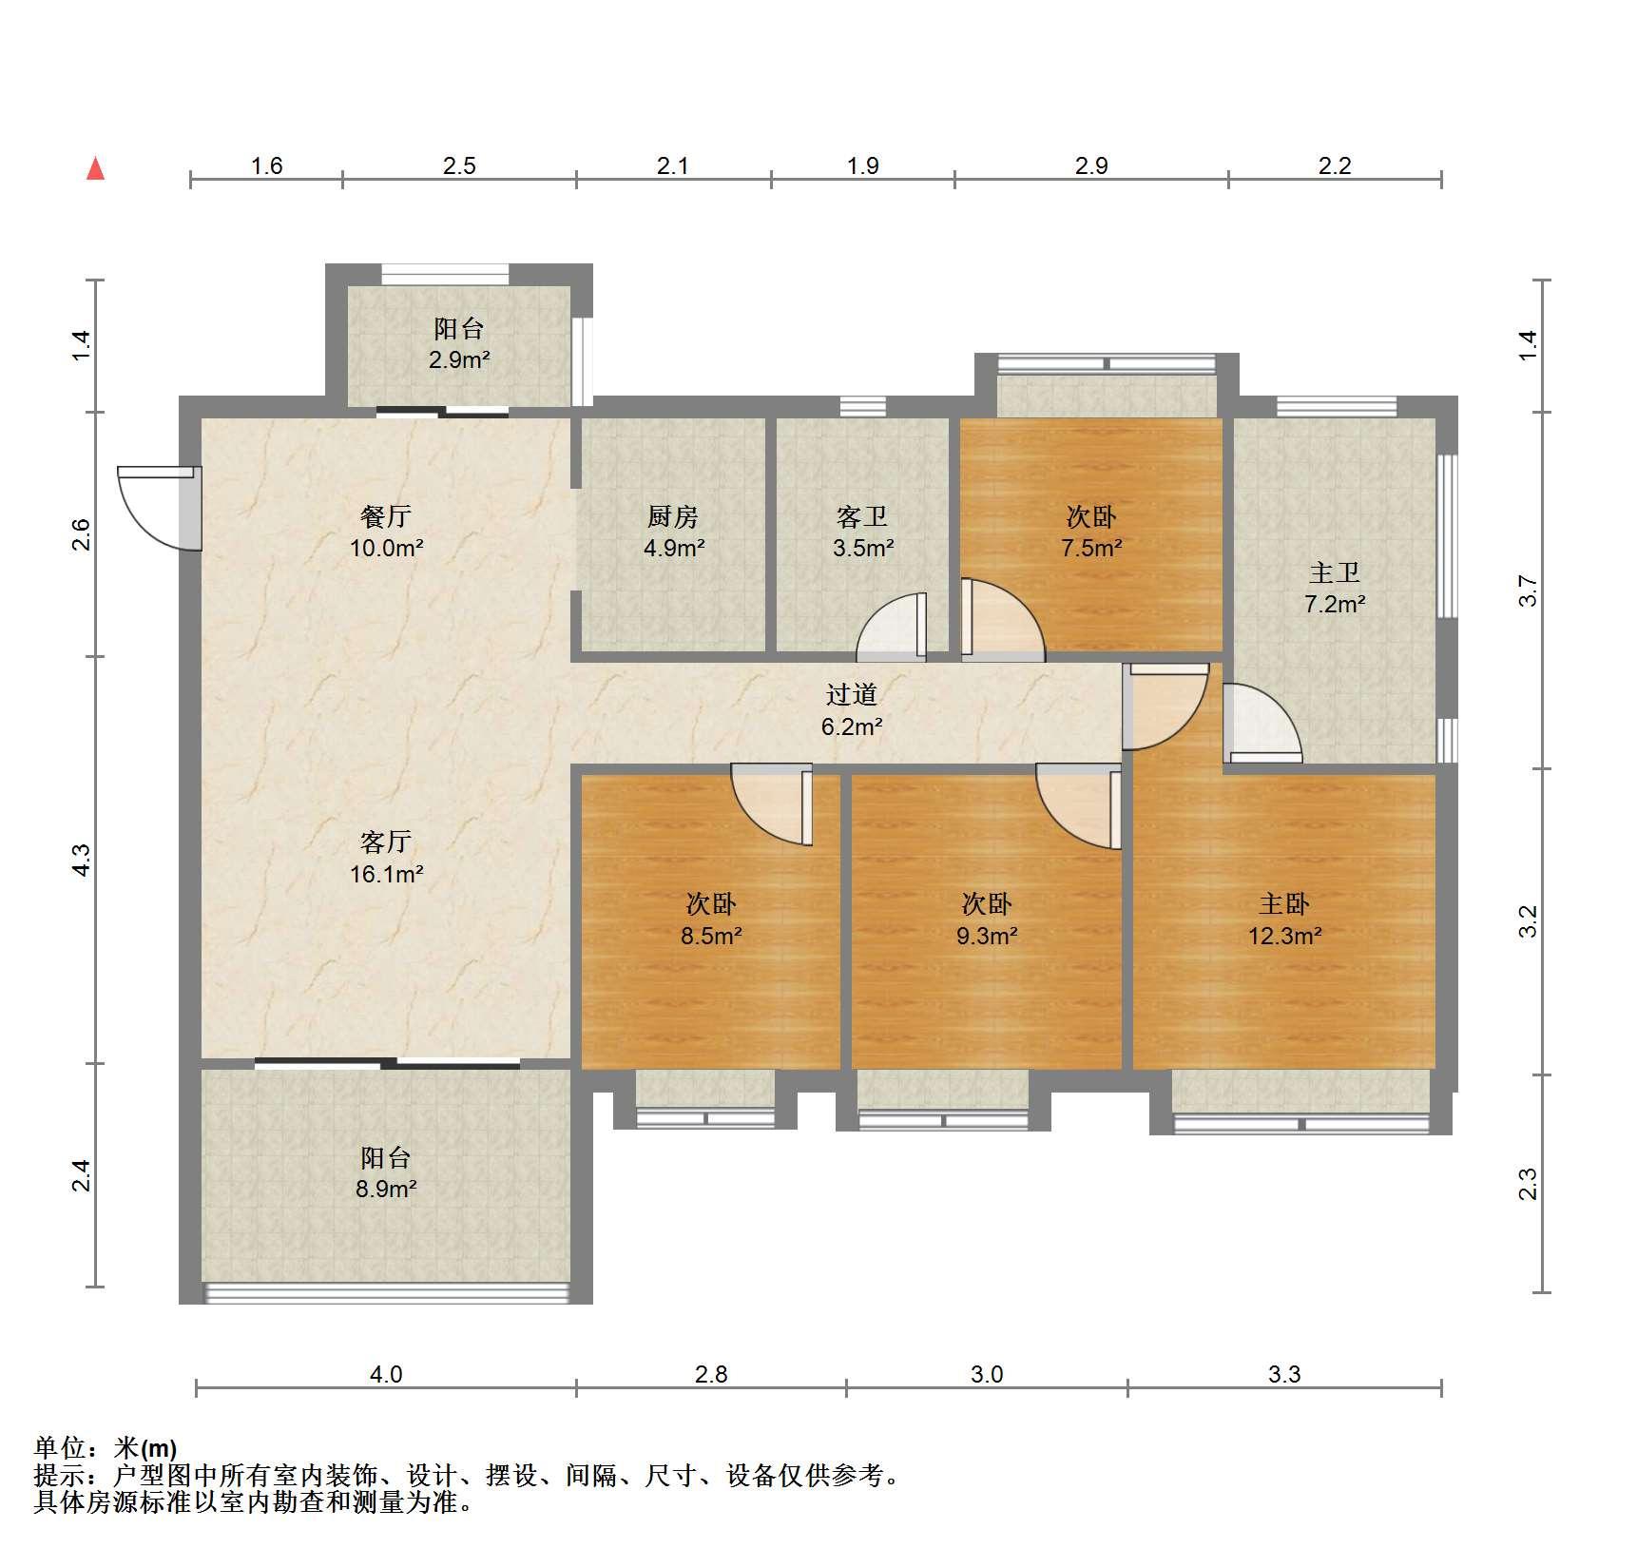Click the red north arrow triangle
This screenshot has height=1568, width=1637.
click(95, 169)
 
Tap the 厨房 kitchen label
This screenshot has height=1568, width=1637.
click(673, 516)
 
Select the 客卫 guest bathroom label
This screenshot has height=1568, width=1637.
click(862, 516)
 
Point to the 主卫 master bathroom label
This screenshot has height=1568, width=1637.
click(1335, 572)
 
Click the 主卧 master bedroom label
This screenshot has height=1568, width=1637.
click(1284, 903)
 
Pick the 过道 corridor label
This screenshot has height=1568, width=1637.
click(851, 695)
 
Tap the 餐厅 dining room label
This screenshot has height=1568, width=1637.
click(386, 516)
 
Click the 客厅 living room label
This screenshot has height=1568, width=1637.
click(386, 842)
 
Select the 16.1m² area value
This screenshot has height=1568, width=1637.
click(386, 874)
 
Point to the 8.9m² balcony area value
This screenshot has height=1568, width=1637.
click(386, 1189)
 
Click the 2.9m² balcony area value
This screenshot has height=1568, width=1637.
click(459, 360)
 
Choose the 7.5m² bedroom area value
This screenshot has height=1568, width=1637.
click(1091, 548)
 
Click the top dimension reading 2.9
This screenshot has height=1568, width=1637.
click(1091, 166)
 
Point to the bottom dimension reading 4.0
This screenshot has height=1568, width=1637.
click(386, 1374)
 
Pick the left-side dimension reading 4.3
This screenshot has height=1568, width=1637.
click(82, 860)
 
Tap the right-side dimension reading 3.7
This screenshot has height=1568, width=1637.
click(1527, 590)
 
